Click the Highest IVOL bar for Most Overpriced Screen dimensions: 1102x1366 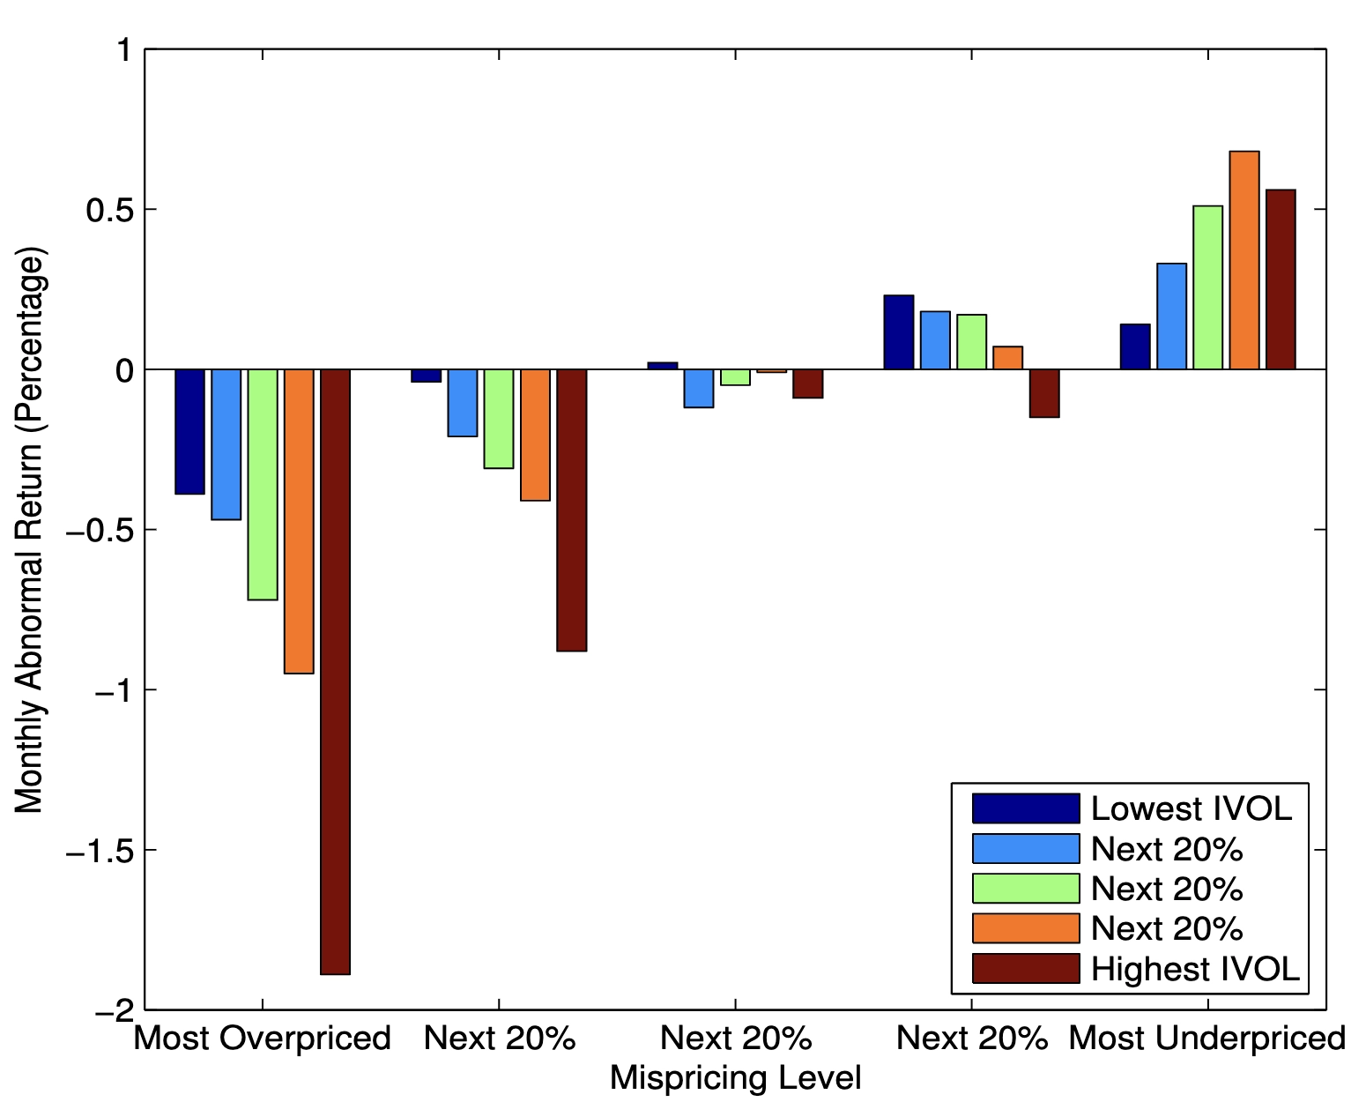tap(335, 671)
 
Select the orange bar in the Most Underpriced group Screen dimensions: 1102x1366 tap(1244, 260)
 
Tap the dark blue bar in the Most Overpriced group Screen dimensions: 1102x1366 tap(189, 431)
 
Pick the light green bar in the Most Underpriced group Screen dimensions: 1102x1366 tap(1207, 287)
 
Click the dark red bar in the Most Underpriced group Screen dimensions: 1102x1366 tap(1281, 279)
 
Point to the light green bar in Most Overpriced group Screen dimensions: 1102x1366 tap(263, 484)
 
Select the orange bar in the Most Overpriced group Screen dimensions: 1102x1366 tap(299, 521)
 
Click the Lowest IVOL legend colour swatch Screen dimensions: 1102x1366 tap(1025, 808)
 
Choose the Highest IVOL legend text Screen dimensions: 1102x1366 tap(1194, 969)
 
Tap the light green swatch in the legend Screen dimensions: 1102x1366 tap(1025, 889)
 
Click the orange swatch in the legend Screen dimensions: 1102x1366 tap(1025, 928)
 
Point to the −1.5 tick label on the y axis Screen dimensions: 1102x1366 tap(99, 852)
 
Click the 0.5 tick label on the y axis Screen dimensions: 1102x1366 tap(108, 211)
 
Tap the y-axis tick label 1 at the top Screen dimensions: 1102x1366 tap(124, 51)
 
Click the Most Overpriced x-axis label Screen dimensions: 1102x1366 tap(262, 1039)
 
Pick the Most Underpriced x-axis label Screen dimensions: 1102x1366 tap(1206, 1039)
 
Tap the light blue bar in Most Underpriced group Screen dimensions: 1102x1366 tap(1171, 316)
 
